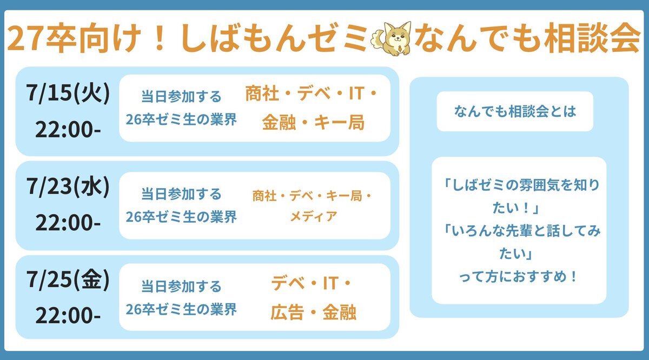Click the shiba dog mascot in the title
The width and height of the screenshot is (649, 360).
[x=391, y=38]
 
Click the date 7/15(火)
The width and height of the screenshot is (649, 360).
[x=68, y=94]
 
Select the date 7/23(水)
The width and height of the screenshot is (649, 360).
[x=68, y=187]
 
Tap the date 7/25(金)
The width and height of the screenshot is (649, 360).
[x=68, y=279]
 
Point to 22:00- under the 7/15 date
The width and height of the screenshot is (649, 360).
[x=68, y=130]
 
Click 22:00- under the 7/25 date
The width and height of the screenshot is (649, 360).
[x=68, y=315]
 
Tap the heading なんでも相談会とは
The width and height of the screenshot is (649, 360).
[x=515, y=111]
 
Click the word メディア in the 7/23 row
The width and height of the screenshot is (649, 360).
[x=314, y=217]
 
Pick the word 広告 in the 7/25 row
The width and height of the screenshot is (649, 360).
[x=287, y=312]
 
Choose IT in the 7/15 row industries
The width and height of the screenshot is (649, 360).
[x=356, y=94]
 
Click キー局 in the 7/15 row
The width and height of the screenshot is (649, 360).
[x=339, y=122]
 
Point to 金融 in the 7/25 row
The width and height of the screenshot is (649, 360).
[x=339, y=312]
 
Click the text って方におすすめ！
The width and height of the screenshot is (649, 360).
[x=518, y=277]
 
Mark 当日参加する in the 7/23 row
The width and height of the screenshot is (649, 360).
[x=181, y=194]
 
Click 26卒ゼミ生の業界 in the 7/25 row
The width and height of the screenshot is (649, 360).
[x=181, y=309]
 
